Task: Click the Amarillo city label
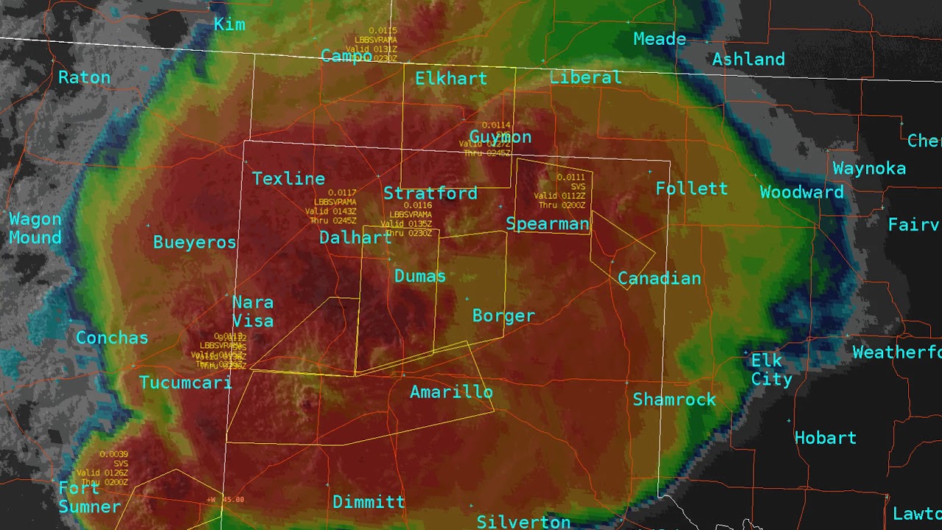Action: pos(451,392)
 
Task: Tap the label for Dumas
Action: pos(420,277)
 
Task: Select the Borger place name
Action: pos(503,317)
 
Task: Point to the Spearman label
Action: pos(548,225)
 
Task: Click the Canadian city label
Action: pos(659,279)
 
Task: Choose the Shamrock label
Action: pos(674,400)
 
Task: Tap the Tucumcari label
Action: pos(185,383)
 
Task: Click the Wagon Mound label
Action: pos(35,229)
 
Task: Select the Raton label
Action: pos(84,78)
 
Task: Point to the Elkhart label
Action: pos(451,79)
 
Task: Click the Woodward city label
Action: pos(801,193)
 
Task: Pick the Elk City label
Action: pos(771,370)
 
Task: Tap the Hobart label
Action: pos(826,439)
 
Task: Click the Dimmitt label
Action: pos(369,503)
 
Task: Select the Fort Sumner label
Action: pos(89,498)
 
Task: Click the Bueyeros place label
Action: pos(194,243)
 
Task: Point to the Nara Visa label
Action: pos(253,312)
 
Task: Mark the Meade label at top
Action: pos(659,40)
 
